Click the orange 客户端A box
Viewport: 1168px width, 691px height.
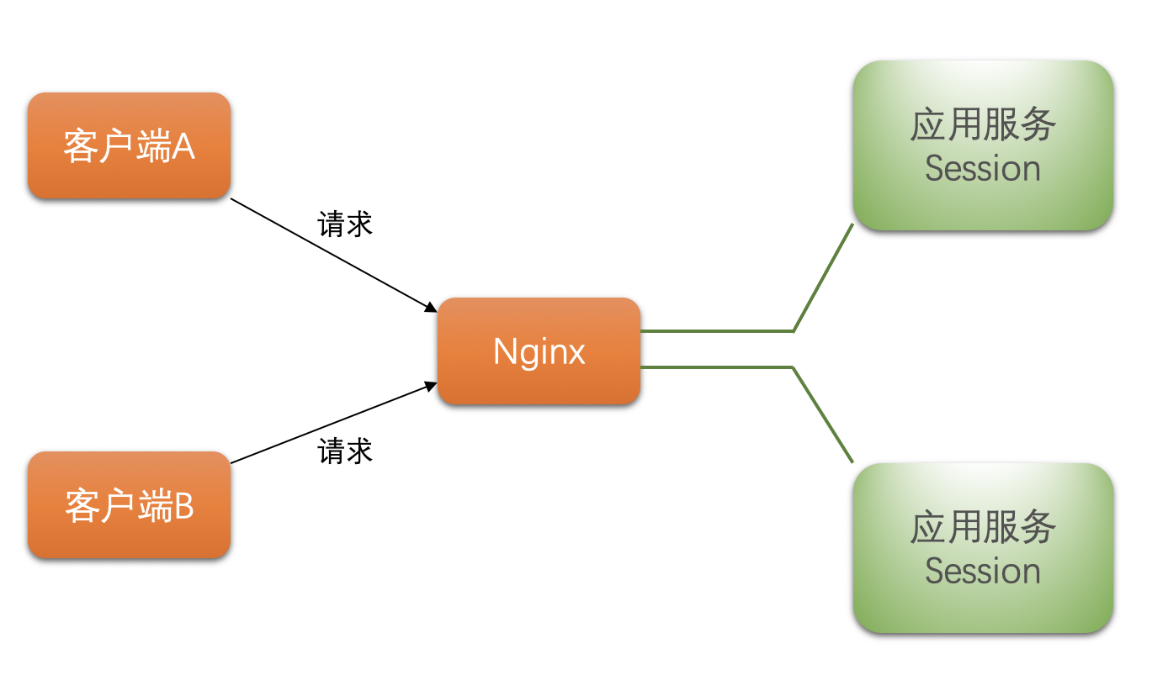[129, 145]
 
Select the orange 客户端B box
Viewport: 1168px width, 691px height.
[129, 505]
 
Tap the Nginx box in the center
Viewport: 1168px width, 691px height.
[539, 351]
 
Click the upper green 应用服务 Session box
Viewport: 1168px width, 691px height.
[983, 145]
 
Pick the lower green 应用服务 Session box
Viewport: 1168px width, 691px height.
[983, 548]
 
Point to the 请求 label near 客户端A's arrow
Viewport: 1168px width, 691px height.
[345, 224]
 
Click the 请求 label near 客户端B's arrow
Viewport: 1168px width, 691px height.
[345, 451]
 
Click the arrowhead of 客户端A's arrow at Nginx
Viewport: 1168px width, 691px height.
[430, 306]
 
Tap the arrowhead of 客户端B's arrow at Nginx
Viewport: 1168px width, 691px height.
[430, 387]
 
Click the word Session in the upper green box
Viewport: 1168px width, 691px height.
[983, 168]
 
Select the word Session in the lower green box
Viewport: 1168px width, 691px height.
[983, 571]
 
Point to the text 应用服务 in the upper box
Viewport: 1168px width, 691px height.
[983, 125]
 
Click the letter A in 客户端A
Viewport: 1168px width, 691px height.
[184, 147]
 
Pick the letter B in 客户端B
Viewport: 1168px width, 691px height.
[184, 506]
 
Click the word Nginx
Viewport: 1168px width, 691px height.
[539, 351]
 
